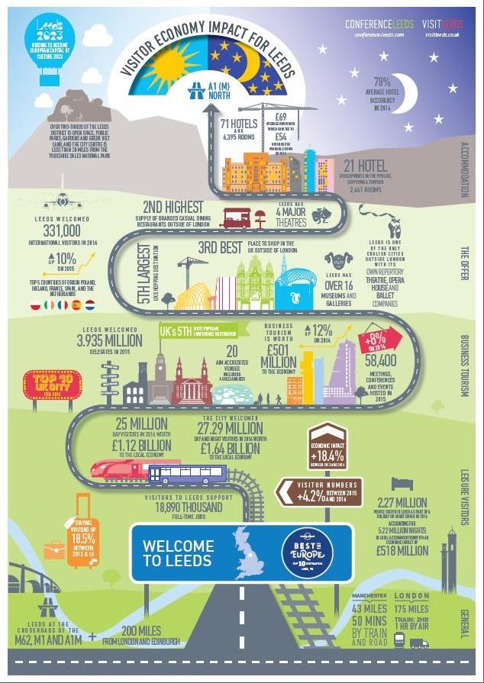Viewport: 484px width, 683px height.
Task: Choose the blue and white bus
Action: click(187, 475)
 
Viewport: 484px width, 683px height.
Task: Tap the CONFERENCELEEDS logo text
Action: click(379, 24)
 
